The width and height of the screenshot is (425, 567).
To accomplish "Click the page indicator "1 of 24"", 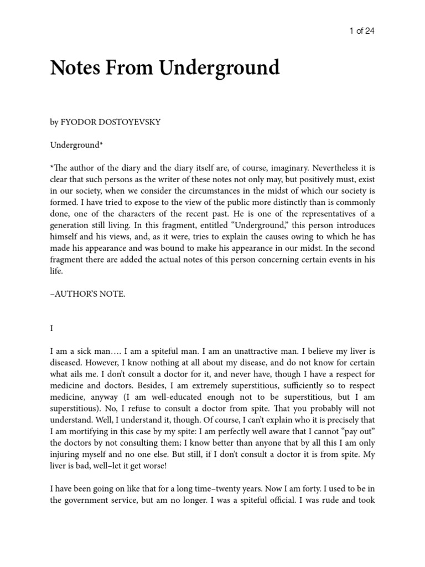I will click(x=362, y=31).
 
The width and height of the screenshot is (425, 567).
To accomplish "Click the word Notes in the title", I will click(x=76, y=68).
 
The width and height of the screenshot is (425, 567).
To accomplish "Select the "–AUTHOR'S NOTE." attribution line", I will click(x=88, y=294).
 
